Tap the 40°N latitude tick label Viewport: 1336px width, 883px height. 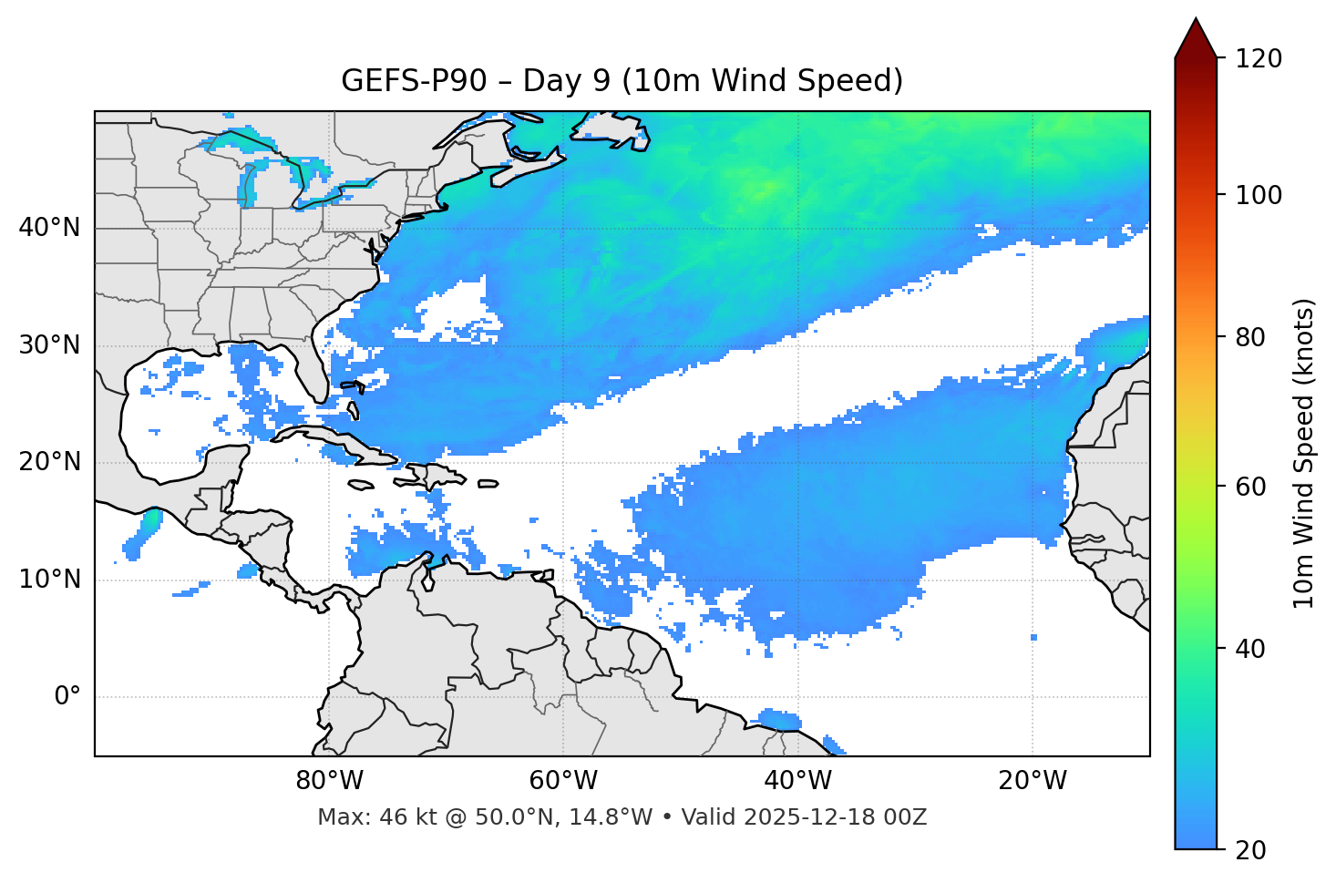(49, 228)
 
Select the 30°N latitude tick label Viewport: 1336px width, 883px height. (49, 345)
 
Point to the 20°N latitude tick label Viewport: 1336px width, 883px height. (49, 462)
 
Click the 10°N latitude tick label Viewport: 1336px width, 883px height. (49, 580)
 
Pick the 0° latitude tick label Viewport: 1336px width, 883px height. (67, 697)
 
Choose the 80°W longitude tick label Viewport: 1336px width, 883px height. (329, 781)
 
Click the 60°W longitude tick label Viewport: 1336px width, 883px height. (563, 781)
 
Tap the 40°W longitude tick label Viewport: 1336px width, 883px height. (797, 781)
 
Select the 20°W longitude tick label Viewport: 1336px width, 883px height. (1032, 781)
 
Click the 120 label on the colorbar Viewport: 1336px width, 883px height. (1259, 59)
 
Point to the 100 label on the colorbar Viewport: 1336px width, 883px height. (1259, 195)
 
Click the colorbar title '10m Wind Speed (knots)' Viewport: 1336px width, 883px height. (1304, 454)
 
